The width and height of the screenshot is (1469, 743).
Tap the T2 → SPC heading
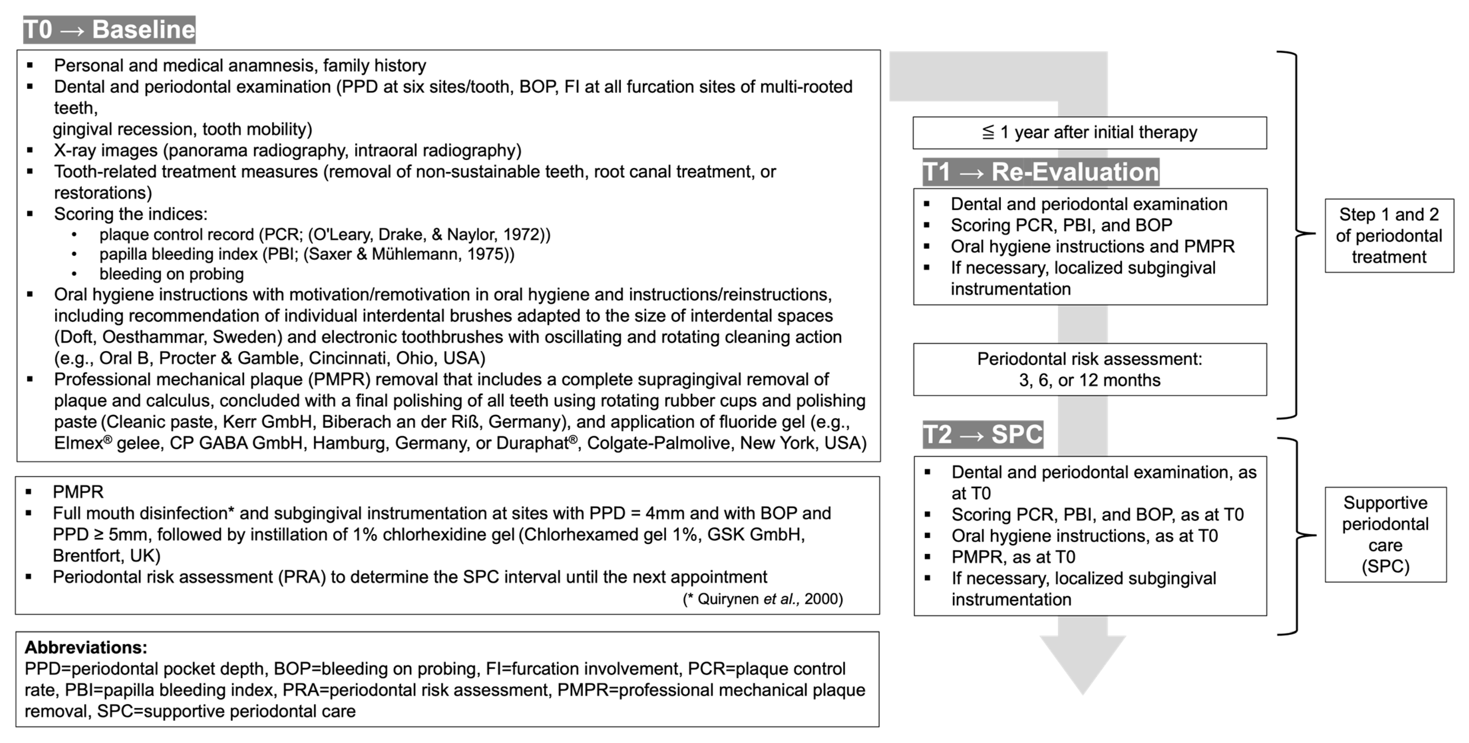pos(983,435)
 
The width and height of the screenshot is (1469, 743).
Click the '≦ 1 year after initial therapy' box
pos(1089,133)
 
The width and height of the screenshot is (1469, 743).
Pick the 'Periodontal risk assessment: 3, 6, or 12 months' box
pos(1089,370)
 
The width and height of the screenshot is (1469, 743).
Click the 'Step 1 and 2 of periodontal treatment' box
pos(1388,236)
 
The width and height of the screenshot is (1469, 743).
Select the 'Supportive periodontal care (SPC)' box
pos(1385,534)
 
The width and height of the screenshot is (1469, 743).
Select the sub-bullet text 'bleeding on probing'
pos(171,274)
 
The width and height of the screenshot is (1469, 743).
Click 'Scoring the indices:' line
pos(130,214)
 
